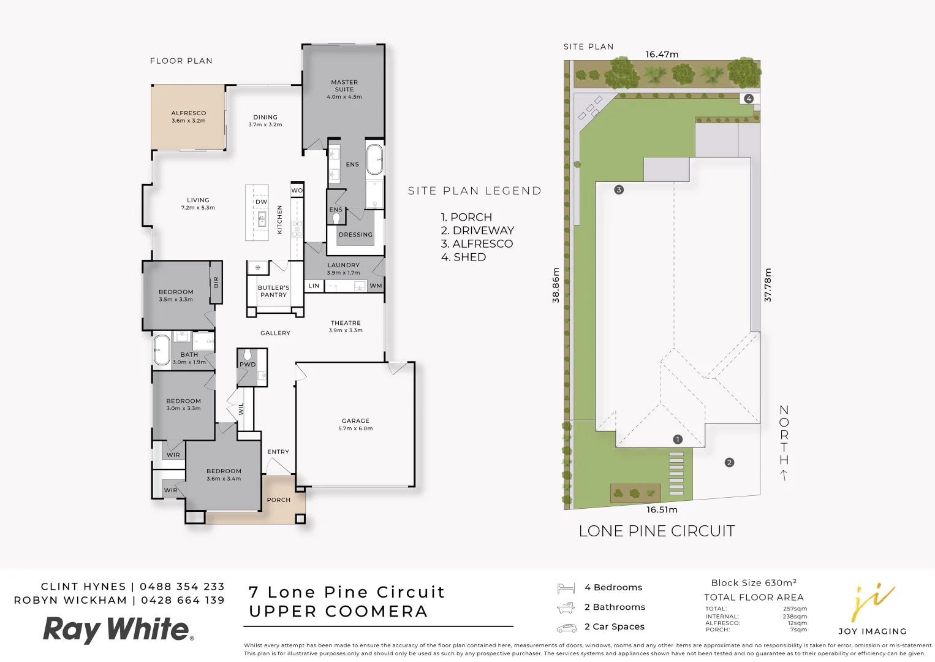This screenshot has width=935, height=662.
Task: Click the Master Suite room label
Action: (344, 86)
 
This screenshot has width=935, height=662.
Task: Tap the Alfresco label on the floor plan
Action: (189, 113)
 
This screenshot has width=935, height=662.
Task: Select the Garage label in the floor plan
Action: (355, 421)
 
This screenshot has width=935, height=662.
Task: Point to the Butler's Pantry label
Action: (273, 291)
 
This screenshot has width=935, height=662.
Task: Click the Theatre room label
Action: (346, 323)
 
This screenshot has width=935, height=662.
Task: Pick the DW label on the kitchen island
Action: (262, 202)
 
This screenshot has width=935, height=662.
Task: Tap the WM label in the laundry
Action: (376, 286)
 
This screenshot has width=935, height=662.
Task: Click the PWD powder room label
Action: (248, 364)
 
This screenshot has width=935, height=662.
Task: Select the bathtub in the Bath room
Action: (162, 350)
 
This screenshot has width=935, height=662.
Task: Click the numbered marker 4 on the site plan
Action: (748, 99)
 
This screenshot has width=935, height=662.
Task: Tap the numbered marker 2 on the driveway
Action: (729, 463)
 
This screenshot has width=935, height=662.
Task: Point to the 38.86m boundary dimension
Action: (556, 285)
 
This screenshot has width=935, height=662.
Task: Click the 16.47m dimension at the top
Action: (662, 55)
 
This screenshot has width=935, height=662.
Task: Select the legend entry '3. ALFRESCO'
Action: (477, 244)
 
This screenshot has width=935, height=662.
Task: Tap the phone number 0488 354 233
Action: (182, 587)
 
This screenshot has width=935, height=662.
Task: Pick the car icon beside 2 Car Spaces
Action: (567, 627)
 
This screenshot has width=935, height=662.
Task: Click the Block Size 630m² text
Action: (754, 583)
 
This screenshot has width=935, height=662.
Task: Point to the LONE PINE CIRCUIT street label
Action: (657, 531)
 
